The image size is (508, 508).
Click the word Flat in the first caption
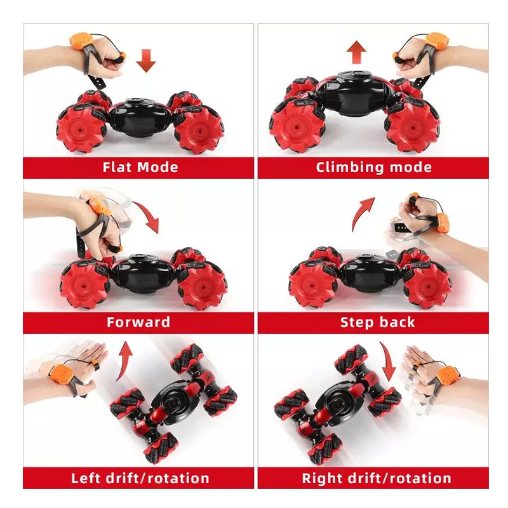click(117, 167)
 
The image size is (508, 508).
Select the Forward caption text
click(138, 322)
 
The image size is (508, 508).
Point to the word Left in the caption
click(86, 478)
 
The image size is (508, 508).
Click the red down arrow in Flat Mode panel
click(146, 60)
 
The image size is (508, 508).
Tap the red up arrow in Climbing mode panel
click(356, 52)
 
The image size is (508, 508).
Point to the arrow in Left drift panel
click(124, 360)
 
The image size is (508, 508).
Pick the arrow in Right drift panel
click(388, 359)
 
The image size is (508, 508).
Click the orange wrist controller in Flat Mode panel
click(79, 41)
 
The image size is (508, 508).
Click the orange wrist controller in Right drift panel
click(448, 376)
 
